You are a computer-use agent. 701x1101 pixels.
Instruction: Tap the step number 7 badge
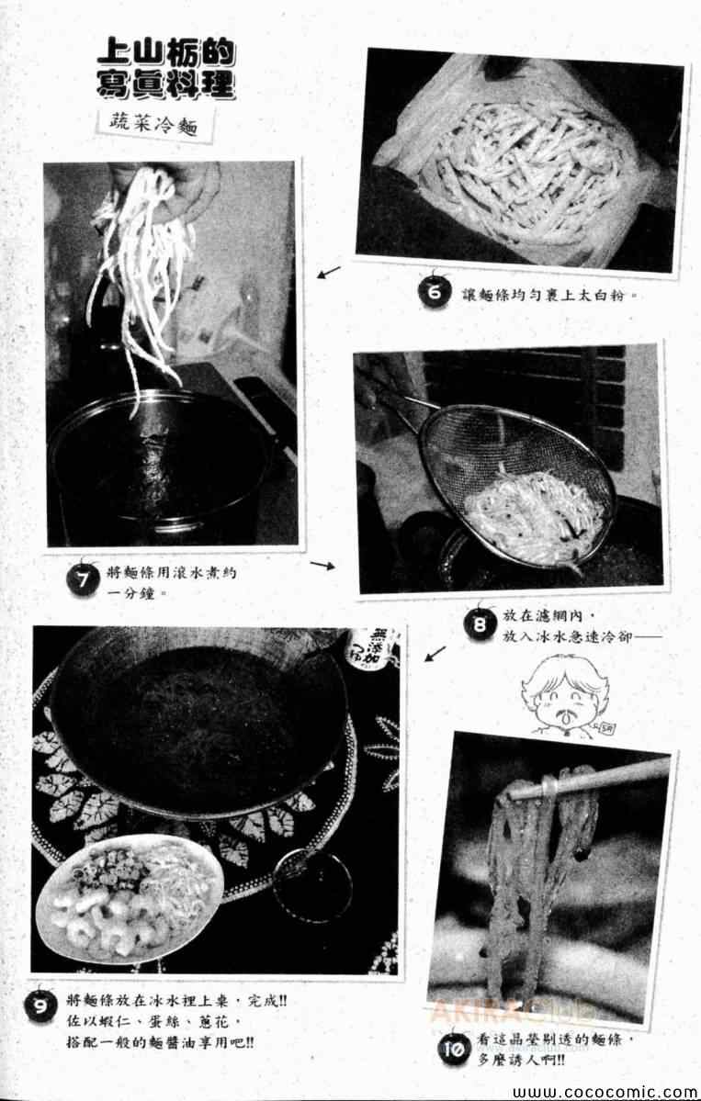click(x=83, y=578)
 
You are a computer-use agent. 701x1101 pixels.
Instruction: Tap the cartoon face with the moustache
click(x=561, y=696)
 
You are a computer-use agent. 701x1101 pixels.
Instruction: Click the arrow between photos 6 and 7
click(x=329, y=272)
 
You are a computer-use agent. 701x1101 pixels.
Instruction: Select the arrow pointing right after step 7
click(x=322, y=566)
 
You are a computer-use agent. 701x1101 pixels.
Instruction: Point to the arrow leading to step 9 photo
click(x=435, y=655)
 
